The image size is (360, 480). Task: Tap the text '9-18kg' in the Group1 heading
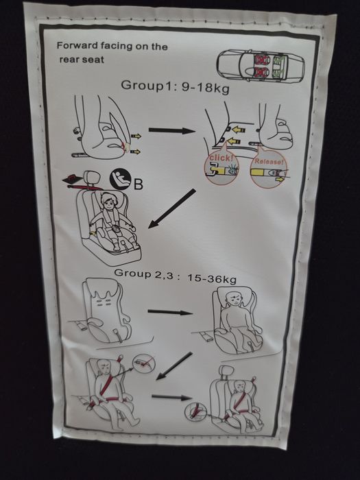(206, 88)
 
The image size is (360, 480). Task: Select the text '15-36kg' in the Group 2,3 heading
(212, 278)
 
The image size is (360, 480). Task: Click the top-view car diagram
(261, 66)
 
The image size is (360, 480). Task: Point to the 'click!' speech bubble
(221, 167)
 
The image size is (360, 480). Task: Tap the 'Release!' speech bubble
(269, 170)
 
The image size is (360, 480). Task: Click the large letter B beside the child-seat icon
(138, 184)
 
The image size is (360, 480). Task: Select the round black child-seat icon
(121, 178)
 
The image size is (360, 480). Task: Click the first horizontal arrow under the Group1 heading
(172, 131)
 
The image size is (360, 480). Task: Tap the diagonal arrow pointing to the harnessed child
(171, 208)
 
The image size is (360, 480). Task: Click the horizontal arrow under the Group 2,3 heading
(170, 312)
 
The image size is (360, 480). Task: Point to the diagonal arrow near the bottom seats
(174, 366)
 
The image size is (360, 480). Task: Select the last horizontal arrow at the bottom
(171, 397)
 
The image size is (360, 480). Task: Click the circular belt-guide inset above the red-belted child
(144, 363)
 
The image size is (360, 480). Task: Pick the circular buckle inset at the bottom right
(196, 411)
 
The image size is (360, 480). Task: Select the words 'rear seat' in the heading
(82, 60)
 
